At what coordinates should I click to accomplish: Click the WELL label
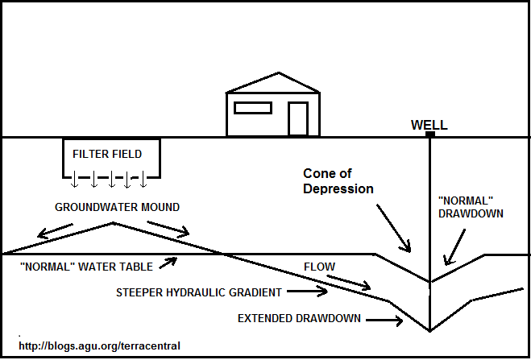point(429,125)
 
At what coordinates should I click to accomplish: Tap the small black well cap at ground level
point(430,134)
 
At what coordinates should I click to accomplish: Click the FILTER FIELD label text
point(107,154)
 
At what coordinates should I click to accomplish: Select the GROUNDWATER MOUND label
point(117,207)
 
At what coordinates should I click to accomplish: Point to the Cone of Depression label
point(338,181)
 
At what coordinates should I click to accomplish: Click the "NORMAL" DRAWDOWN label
point(471,208)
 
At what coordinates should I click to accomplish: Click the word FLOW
point(319,266)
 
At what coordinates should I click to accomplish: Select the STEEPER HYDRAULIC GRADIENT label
point(198,292)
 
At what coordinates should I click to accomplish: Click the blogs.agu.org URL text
point(99,346)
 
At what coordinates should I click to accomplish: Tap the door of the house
point(298,118)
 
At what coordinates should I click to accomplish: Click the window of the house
point(252,107)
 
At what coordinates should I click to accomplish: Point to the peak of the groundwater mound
point(115,222)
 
